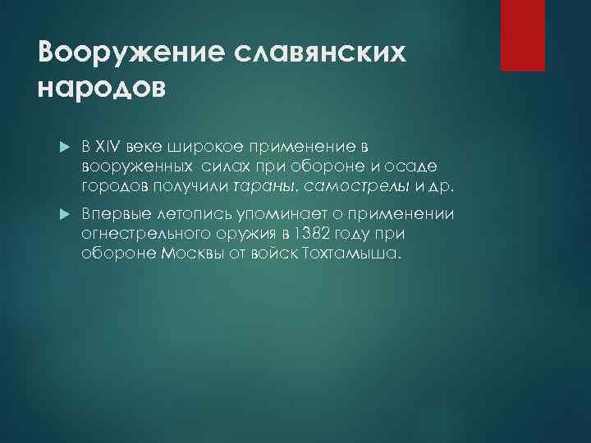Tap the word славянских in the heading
(x=315, y=53)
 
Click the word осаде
(x=426, y=167)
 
